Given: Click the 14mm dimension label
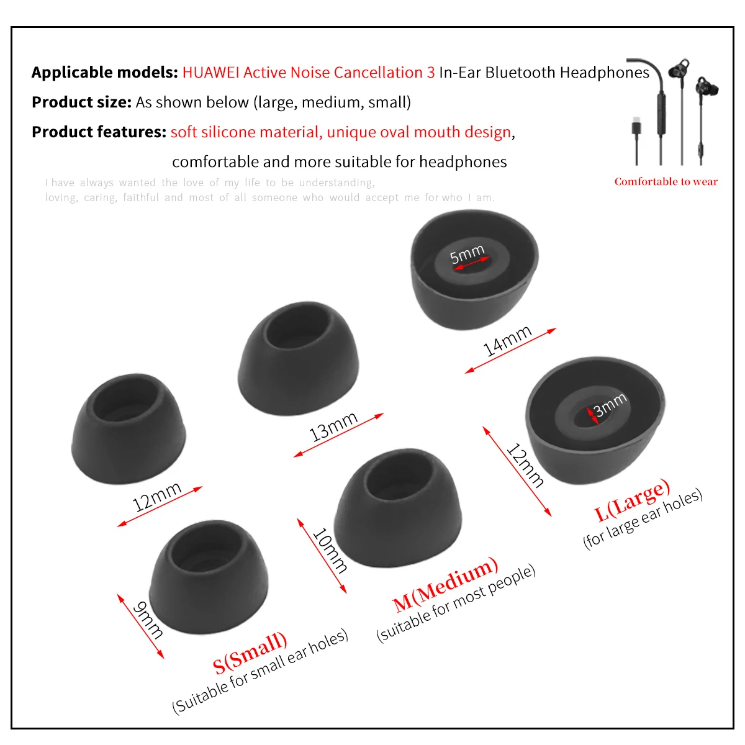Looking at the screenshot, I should point(507,340).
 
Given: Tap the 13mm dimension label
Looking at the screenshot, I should point(333,427).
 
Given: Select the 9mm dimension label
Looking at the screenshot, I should point(148,620).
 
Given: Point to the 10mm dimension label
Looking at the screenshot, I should point(329,549).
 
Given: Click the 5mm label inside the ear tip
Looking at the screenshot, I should point(467,254).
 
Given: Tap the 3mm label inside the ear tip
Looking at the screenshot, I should point(610,404).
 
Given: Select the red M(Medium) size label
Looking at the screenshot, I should point(445,584).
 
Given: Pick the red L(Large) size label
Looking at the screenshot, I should point(632,500).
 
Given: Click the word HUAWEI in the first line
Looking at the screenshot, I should point(210,73).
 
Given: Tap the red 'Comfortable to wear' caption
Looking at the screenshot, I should point(666,182).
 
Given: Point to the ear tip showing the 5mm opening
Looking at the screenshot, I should point(474,267).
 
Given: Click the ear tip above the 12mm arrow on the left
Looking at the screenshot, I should point(129,428).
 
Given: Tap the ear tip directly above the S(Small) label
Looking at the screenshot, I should point(209,576).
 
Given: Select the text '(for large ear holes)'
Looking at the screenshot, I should point(643,519).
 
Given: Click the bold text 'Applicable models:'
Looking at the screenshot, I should point(104,73).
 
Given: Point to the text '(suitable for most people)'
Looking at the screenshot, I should point(456,602).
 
